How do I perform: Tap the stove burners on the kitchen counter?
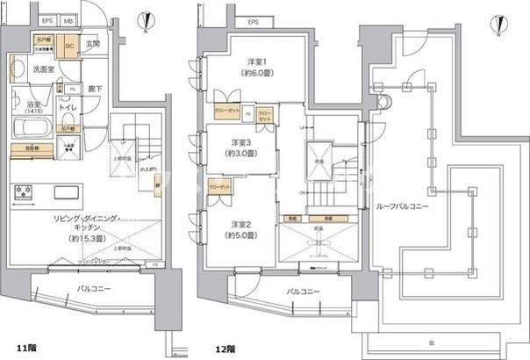(23, 191)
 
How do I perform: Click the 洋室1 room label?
(256, 63)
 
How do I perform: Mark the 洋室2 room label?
(243, 223)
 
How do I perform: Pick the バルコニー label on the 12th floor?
(303, 291)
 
